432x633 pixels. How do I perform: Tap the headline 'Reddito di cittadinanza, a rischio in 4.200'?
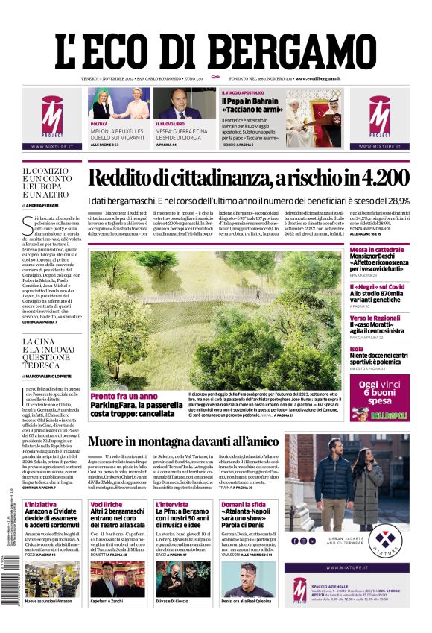tap(249, 178)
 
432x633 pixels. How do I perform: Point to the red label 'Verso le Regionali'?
tap(375, 318)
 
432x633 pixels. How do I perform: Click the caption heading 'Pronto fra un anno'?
tap(124, 396)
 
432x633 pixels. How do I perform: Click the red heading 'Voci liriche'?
tap(107, 505)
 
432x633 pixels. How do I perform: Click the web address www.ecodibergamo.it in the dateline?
tap(318, 78)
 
